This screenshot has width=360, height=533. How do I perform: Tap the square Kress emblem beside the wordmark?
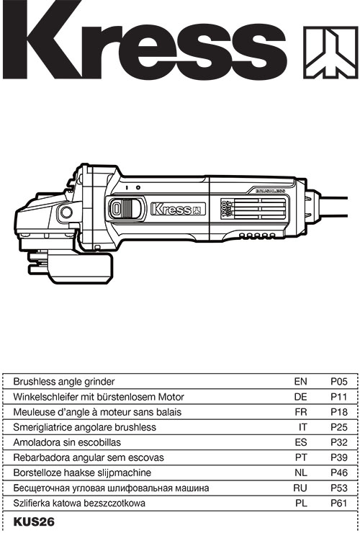pyautogui.click(x=330, y=52)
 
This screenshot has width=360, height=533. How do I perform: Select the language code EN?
pyautogui.click(x=300, y=382)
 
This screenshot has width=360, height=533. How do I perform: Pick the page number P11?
pyautogui.click(x=339, y=397)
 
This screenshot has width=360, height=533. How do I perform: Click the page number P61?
pyautogui.click(x=339, y=503)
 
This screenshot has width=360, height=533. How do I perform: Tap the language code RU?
pyautogui.click(x=300, y=488)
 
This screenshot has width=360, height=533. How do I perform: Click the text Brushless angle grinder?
pyautogui.click(x=64, y=382)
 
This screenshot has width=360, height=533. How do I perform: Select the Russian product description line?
pyautogui.click(x=111, y=488)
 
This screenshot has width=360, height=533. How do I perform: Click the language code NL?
pyautogui.click(x=301, y=472)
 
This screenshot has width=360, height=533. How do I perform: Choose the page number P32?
pyautogui.click(x=339, y=442)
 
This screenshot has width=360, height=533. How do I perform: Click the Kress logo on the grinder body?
pyautogui.click(x=178, y=209)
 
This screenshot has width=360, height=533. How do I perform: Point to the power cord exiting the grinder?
pyautogui.click(x=334, y=206)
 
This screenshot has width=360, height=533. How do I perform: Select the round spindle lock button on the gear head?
pyautogui.click(x=66, y=212)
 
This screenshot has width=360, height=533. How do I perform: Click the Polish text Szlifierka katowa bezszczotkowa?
pyautogui.click(x=79, y=503)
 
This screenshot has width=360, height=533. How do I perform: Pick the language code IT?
pyautogui.click(x=302, y=427)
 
